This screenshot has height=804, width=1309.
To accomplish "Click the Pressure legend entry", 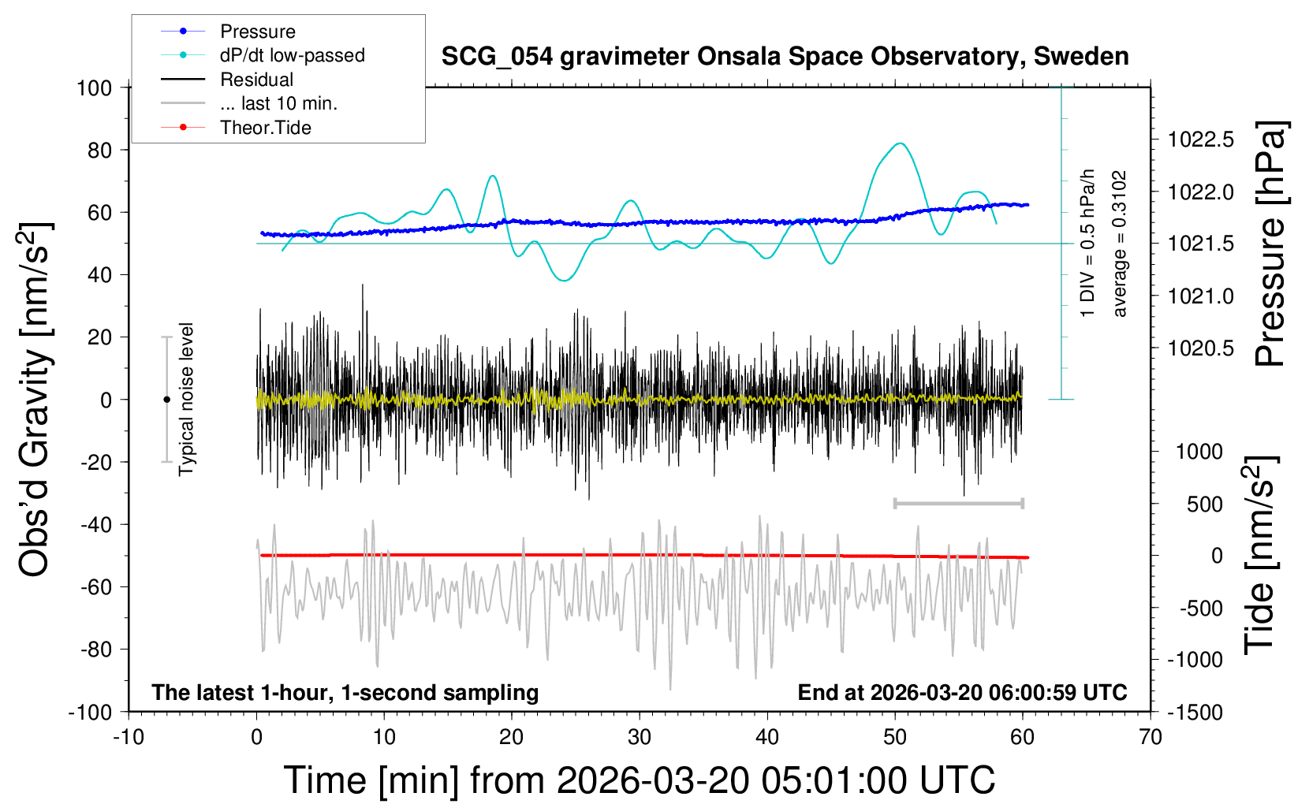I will [257, 32].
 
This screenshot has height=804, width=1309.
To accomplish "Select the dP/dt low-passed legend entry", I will [292, 55].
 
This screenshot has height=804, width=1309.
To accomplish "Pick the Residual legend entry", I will [256, 80].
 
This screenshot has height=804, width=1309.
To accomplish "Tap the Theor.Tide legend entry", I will [265, 128].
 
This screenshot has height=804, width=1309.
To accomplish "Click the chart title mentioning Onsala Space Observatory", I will [785, 57].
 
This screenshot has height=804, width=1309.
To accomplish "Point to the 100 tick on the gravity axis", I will [94, 87].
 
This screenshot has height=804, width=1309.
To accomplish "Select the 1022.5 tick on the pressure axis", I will [1201, 140].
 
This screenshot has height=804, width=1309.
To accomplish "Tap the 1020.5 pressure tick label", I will [1201, 348].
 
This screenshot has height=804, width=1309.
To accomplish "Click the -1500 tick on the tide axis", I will [1195, 713].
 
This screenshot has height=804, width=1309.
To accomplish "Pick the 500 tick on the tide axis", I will [1205, 504].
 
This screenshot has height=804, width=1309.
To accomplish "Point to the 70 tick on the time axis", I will [1151, 738].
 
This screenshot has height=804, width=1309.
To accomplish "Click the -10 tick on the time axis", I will [129, 738].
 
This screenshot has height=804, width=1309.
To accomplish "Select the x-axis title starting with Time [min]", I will [639, 780].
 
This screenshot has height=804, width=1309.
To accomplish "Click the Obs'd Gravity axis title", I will [35, 400].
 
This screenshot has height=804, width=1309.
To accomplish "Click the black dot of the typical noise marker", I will [166, 400].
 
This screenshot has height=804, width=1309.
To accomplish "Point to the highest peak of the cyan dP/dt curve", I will [900, 143].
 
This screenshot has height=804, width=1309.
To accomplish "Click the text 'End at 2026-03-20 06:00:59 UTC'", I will [962, 693].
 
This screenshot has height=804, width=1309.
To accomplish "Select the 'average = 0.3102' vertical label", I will [1120, 244].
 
